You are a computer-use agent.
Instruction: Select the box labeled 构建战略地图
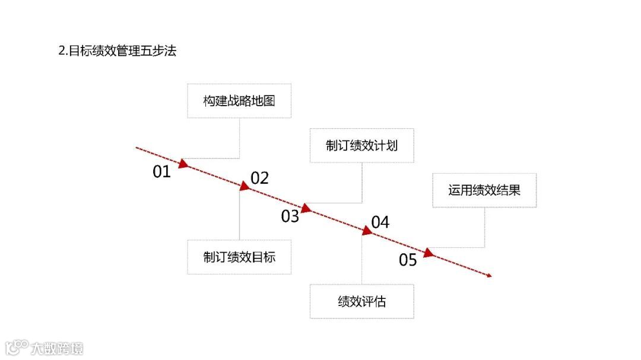click(239, 101)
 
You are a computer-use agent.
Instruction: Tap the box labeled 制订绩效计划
click(361, 145)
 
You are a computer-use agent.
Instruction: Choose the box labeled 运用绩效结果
click(484, 190)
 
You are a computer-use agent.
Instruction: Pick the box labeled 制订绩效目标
click(239, 257)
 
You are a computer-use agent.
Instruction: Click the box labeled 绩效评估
click(361, 301)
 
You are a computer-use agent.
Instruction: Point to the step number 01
click(161, 172)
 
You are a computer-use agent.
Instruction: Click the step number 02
click(259, 178)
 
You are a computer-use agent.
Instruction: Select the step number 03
click(290, 216)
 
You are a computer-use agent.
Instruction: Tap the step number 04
click(380, 222)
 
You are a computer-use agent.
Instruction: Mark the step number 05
click(408, 260)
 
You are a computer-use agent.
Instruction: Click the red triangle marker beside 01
click(183, 163)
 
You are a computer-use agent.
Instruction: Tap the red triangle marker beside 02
click(244, 186)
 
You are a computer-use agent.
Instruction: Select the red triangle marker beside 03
click(306, 208)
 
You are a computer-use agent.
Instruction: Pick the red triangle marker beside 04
click(367, 231)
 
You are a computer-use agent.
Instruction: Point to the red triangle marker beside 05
click(429, 253)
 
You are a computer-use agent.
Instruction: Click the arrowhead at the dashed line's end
click(490, 275)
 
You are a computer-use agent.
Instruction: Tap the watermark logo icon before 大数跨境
click(16, 347)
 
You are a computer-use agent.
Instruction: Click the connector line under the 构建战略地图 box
click(239, 138)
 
